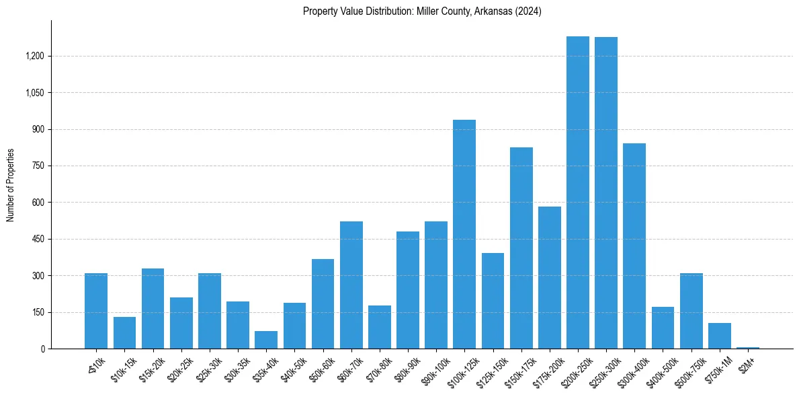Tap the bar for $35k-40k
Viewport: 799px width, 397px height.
(x=266, y=340)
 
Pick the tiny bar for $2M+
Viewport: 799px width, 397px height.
(x=747, y=347)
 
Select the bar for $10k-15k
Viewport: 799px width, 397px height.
(x=124, y=332)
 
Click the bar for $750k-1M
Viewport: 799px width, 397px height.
(x=719, y=336)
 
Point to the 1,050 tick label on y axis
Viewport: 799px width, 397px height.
(x=34, y=92)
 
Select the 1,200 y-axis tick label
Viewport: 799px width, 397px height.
(x=34, y=56)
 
